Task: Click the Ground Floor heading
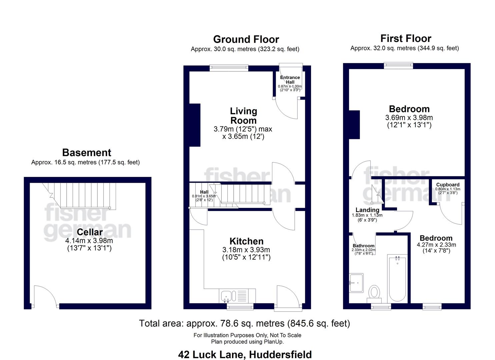[246, 39]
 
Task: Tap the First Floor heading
[406, 38]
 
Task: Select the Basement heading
[86, 153]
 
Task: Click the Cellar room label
[89, 232]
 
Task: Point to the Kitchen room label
[246, 241]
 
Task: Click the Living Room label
[243, 116]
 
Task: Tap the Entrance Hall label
[290, 80]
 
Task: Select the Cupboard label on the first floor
[448, 185]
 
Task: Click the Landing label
[367, 210]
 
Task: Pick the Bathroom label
[363, 246]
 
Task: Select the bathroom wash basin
[356, 283]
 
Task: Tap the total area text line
[244, 323]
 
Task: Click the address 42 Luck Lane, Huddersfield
[245, 354]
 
